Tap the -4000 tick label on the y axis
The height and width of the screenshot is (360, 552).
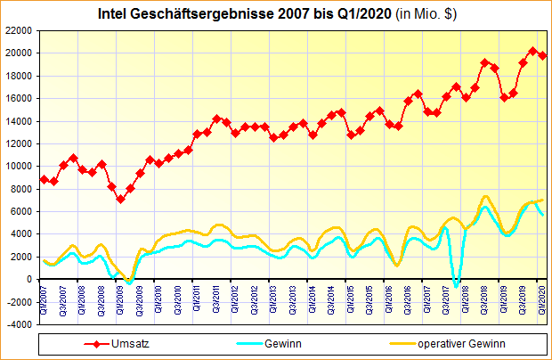(x=20, y=324)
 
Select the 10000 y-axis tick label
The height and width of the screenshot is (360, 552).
(x=20, y=166)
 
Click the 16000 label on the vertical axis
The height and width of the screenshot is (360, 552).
(x=20, y=98)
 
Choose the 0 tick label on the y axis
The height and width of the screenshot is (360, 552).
(x=31, y=279)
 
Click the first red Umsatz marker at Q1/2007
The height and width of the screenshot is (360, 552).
(x=45, y=179)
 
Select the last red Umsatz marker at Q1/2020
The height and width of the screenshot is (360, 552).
(x=542, y=55)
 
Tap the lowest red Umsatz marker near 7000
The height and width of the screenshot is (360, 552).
(x=121, y=199)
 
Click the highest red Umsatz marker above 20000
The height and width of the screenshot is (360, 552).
(x=532, y=51)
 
